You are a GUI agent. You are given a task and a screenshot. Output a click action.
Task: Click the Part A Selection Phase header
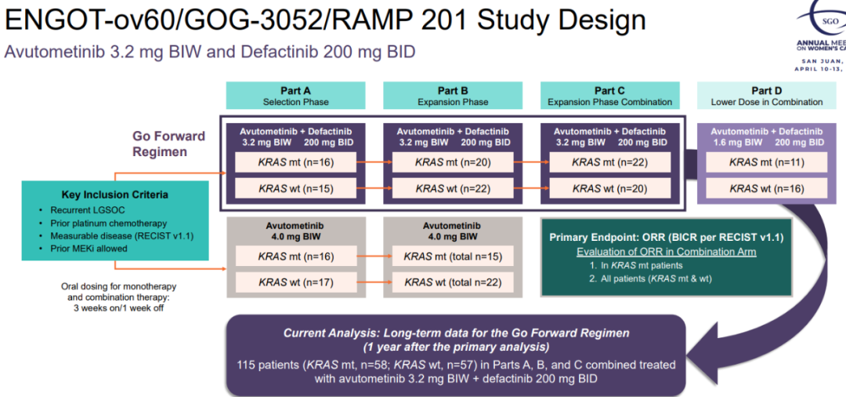tap(295, 96)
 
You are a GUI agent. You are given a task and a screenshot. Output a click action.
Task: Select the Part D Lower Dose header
tap(766, 96)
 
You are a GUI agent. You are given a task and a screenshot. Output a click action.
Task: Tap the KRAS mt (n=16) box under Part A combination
tap(295, 162)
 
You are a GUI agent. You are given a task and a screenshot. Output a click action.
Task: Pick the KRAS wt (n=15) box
tap(295, 188)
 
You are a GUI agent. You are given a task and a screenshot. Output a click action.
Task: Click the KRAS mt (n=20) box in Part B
tap(453, 162)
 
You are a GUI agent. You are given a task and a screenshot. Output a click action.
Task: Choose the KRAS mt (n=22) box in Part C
tap(609, 162)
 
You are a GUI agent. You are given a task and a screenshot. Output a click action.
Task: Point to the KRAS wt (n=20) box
tap(609, 188)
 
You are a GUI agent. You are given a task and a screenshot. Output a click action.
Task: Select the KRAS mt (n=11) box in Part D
tap(766, 162)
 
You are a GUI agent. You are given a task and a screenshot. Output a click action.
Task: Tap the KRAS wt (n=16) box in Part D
tap(766, 188)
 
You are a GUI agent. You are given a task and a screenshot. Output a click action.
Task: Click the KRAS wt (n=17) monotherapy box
tap(295, 282)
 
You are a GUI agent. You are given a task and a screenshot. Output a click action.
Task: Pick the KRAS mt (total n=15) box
tap(453, 256)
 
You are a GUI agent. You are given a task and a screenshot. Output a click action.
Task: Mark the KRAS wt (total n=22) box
tap(453, 282)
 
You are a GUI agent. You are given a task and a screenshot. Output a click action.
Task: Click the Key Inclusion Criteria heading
tap(114, 195)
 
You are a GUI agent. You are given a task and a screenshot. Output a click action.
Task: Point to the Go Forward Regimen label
tap(170, 143)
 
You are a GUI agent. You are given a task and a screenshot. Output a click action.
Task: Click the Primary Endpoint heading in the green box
tap(667, 238)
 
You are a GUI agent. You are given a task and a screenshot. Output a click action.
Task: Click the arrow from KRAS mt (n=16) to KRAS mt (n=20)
tap(374, 162)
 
